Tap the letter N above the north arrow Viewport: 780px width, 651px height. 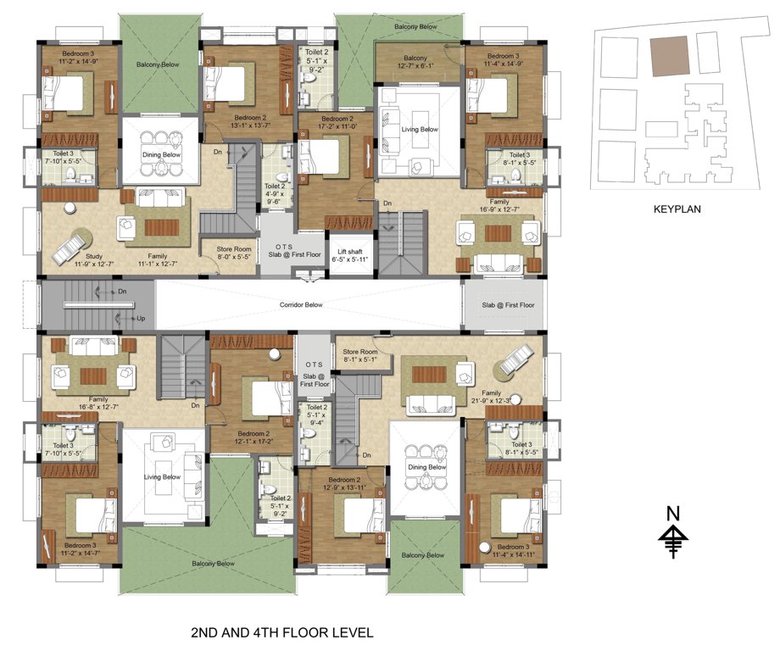tap(673, 513)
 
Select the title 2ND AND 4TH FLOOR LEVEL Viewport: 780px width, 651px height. tap(281, 632)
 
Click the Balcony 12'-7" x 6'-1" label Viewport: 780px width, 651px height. tap(415, 62)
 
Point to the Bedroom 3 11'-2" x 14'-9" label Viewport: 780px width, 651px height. tap(81, 58)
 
